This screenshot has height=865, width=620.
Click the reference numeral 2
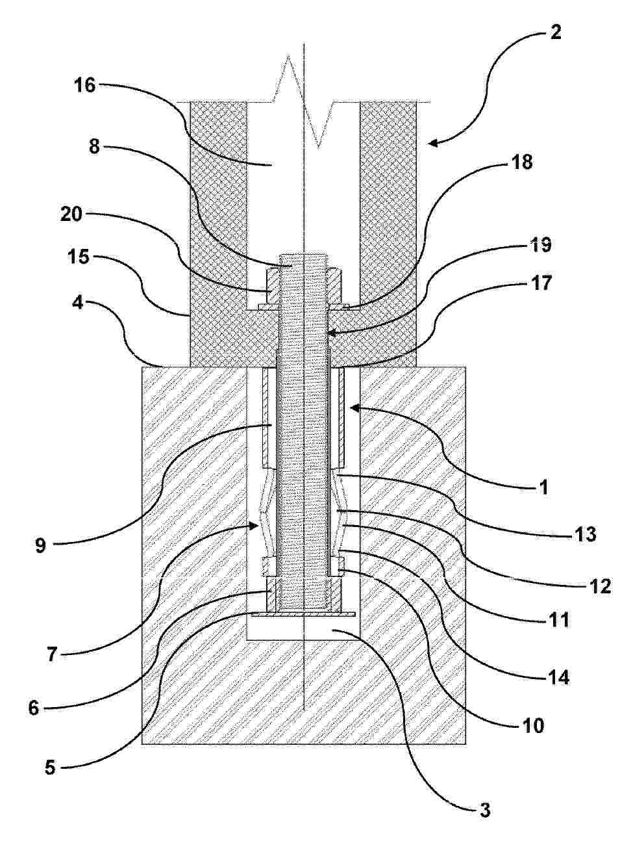click(x=554, y=32)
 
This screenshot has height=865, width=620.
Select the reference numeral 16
click(x=85, y=84)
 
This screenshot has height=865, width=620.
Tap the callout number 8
click(x=94, y=146)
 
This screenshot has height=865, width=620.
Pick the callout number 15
click(x=80, y=257)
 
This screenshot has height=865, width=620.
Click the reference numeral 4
click(x=79, y=302)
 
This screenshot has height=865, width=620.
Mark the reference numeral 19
click(x=541, y=244)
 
